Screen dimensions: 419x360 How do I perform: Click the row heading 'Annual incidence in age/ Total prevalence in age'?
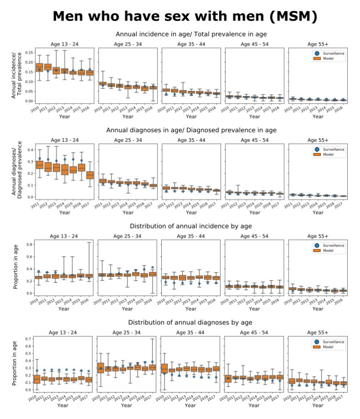point(191,34)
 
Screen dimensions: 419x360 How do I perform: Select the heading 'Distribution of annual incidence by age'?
point(191,226)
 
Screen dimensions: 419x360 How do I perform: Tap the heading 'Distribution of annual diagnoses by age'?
point(191,323)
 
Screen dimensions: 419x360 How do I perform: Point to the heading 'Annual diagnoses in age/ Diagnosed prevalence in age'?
point(191,130)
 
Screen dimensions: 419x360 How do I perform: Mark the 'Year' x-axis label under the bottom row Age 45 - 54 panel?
point(254,405)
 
